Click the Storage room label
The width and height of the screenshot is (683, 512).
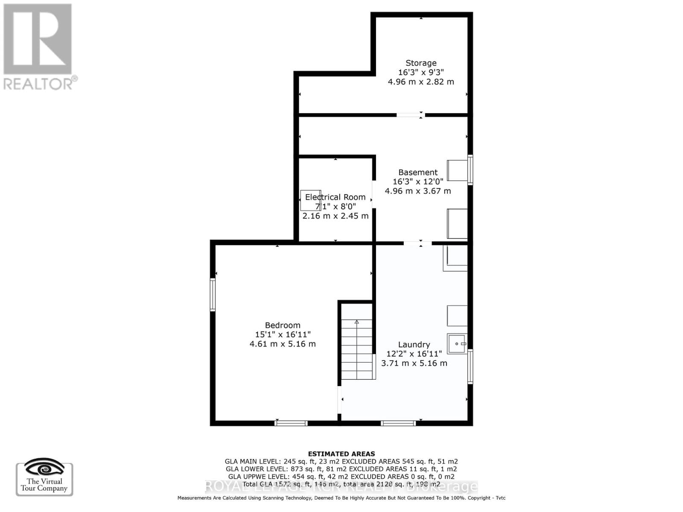(x=421, y=63)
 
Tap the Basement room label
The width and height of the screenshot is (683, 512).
(x=418, y=172)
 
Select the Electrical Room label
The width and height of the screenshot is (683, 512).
(x=335, y=197)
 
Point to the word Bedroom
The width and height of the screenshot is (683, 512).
(x=283, y=325)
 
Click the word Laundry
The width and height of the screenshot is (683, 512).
(x=414, y=344)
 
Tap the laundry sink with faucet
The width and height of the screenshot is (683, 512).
(x=457, y=343)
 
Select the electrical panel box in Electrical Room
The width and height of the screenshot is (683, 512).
(x=310, y=201)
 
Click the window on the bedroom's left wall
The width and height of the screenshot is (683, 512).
(x=213, y=294)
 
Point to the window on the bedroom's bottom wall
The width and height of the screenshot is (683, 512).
(x=291, y=423)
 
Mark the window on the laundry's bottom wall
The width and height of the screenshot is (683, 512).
(x=398, y=423)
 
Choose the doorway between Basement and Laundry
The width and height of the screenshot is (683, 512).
(x=417, y=243)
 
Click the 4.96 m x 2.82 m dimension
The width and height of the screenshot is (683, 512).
(x=421, y=82)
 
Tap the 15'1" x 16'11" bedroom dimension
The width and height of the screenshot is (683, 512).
(x=283, y=335)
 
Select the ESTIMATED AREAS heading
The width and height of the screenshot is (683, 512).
(x=341, y=454)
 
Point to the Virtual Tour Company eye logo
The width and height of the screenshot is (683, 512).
(x=44, y=468)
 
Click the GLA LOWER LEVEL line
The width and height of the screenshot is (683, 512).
(x=341, y=469)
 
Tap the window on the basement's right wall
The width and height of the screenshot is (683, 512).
(x=470, y=170)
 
